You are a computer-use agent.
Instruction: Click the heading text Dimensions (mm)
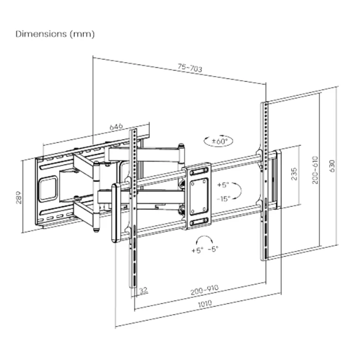click(55, 34)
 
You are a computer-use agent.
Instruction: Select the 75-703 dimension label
click(190, 68)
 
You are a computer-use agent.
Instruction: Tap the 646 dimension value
click(116, 127)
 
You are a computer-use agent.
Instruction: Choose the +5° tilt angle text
click(223, 184)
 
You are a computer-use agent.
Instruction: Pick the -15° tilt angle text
click(223, 199)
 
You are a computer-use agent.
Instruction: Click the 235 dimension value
click(294, 175)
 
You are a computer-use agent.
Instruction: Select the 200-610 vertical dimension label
click(315, 169)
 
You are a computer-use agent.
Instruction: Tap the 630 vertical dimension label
click(332, 166)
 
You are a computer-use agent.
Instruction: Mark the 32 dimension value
click(143, 291)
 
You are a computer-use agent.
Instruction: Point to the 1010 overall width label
click(205, 304)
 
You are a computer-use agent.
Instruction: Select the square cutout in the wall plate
click(49, 188)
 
